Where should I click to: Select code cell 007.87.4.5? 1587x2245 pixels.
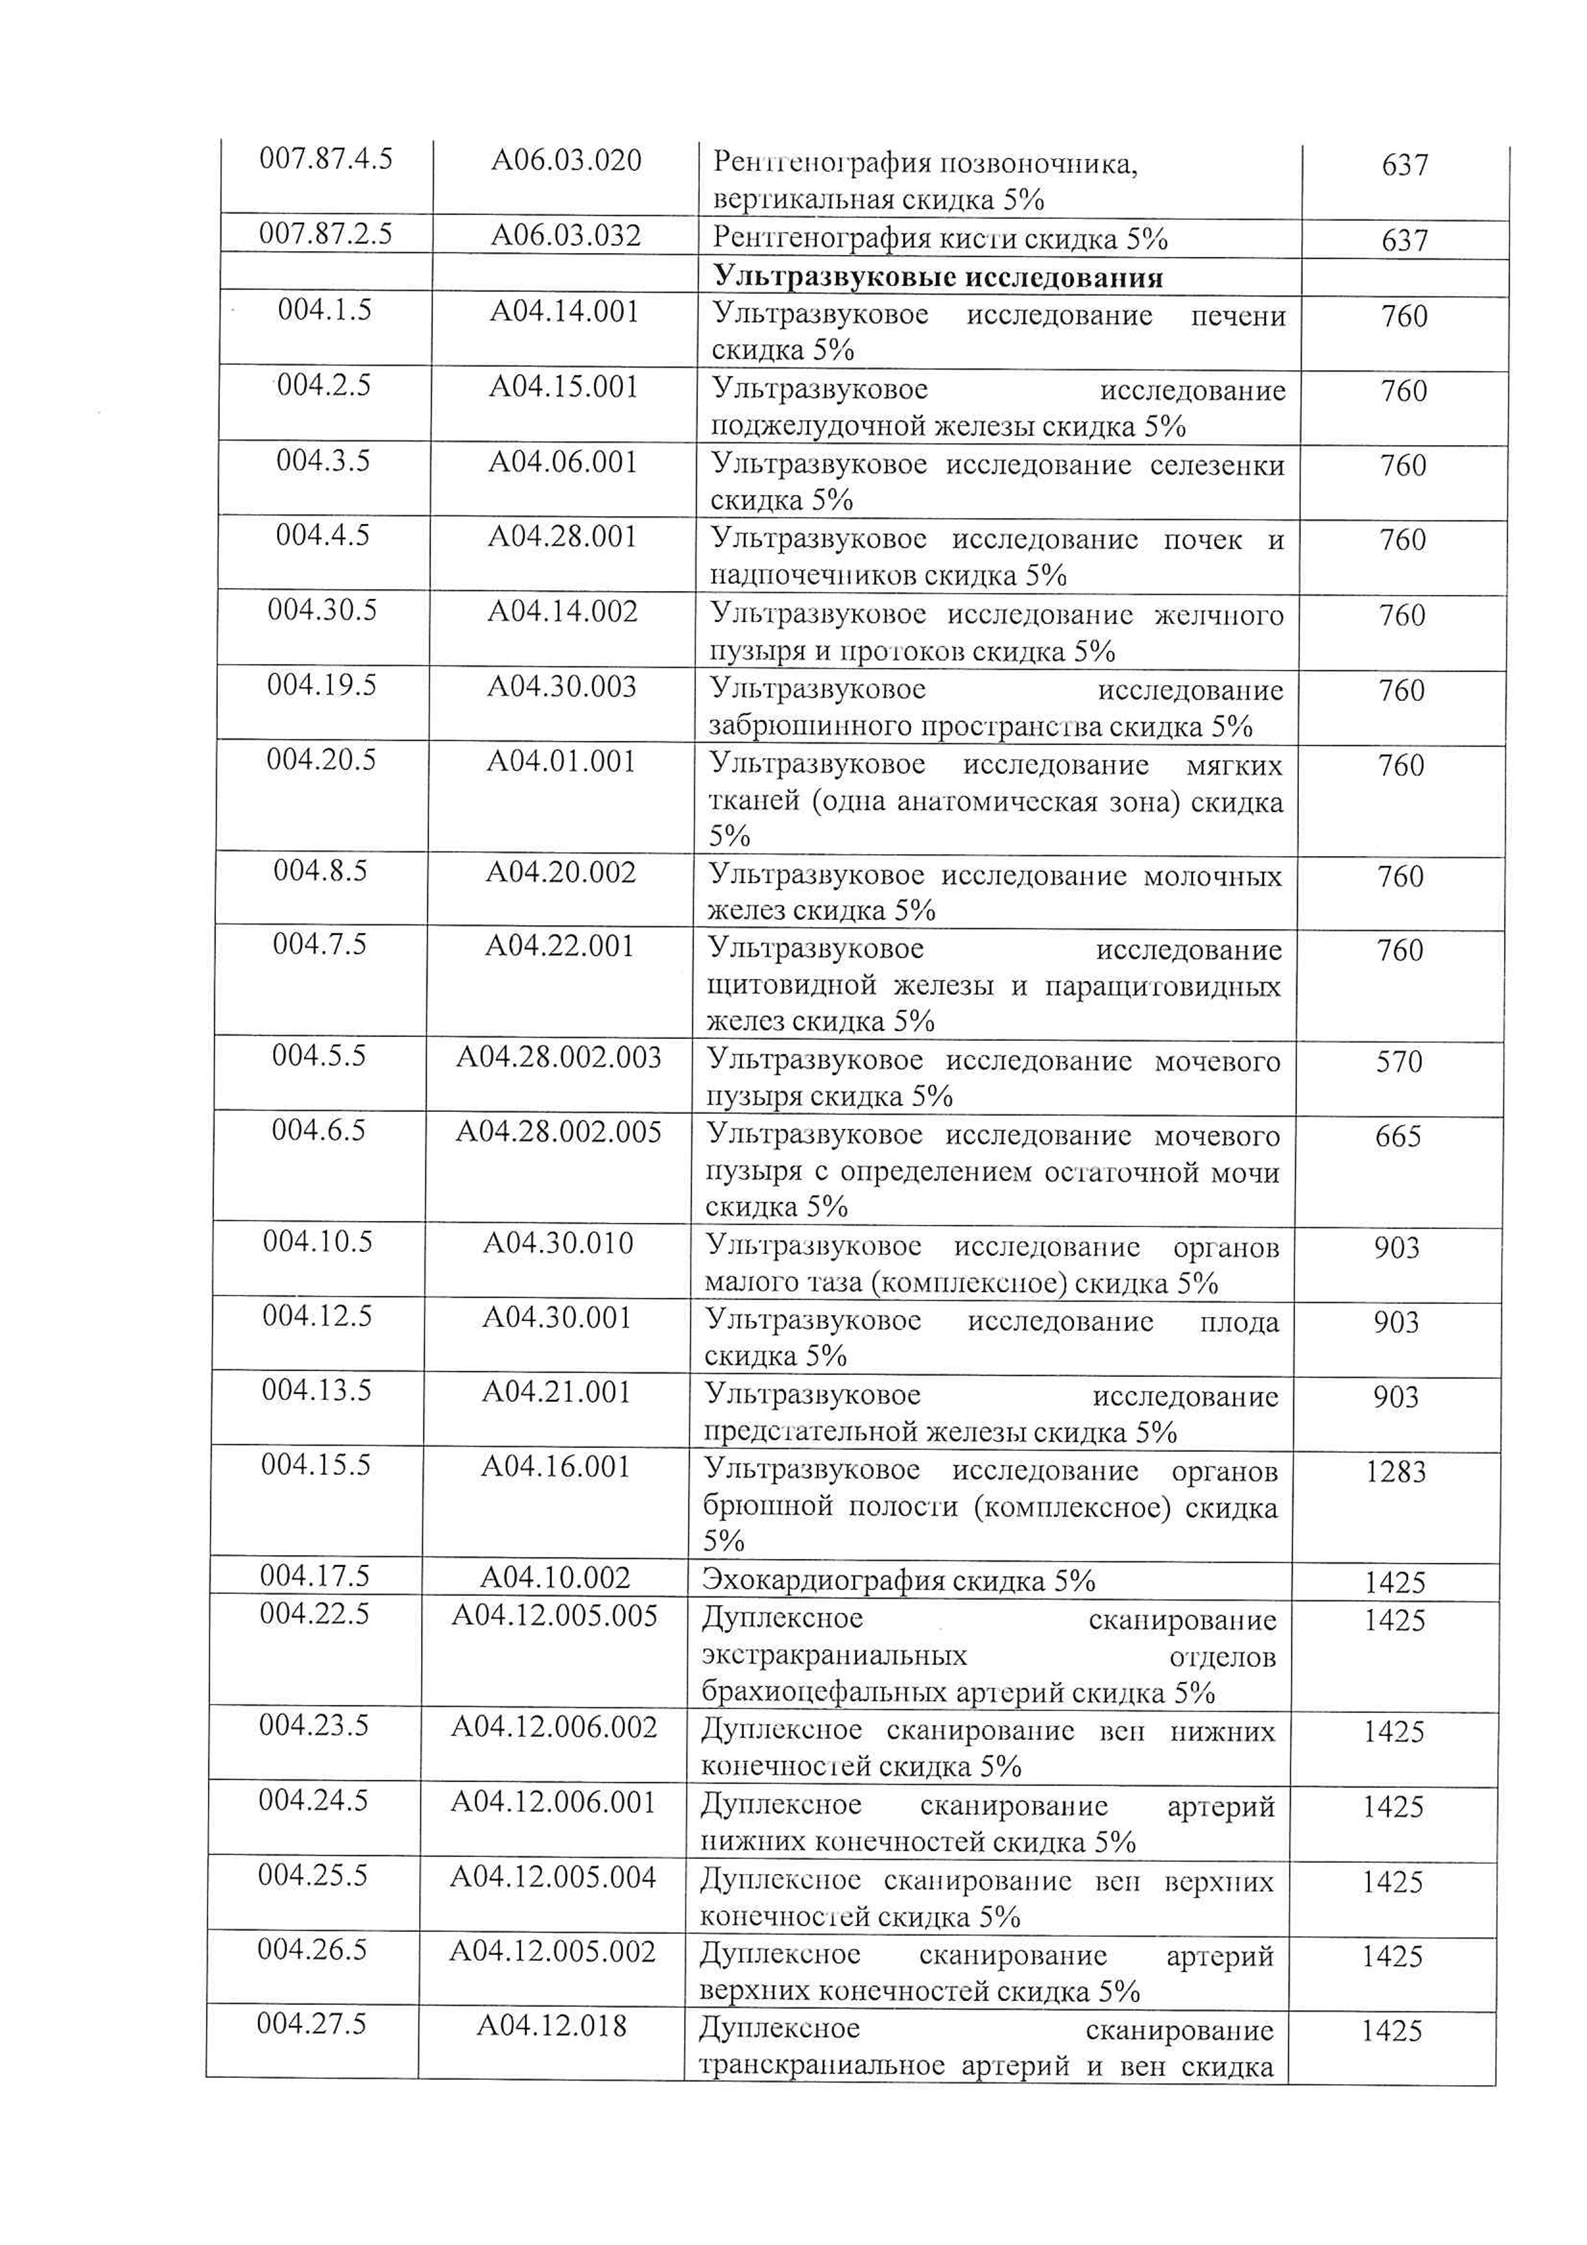tap(325, 158)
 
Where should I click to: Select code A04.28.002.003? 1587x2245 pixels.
tap(558, 1058)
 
